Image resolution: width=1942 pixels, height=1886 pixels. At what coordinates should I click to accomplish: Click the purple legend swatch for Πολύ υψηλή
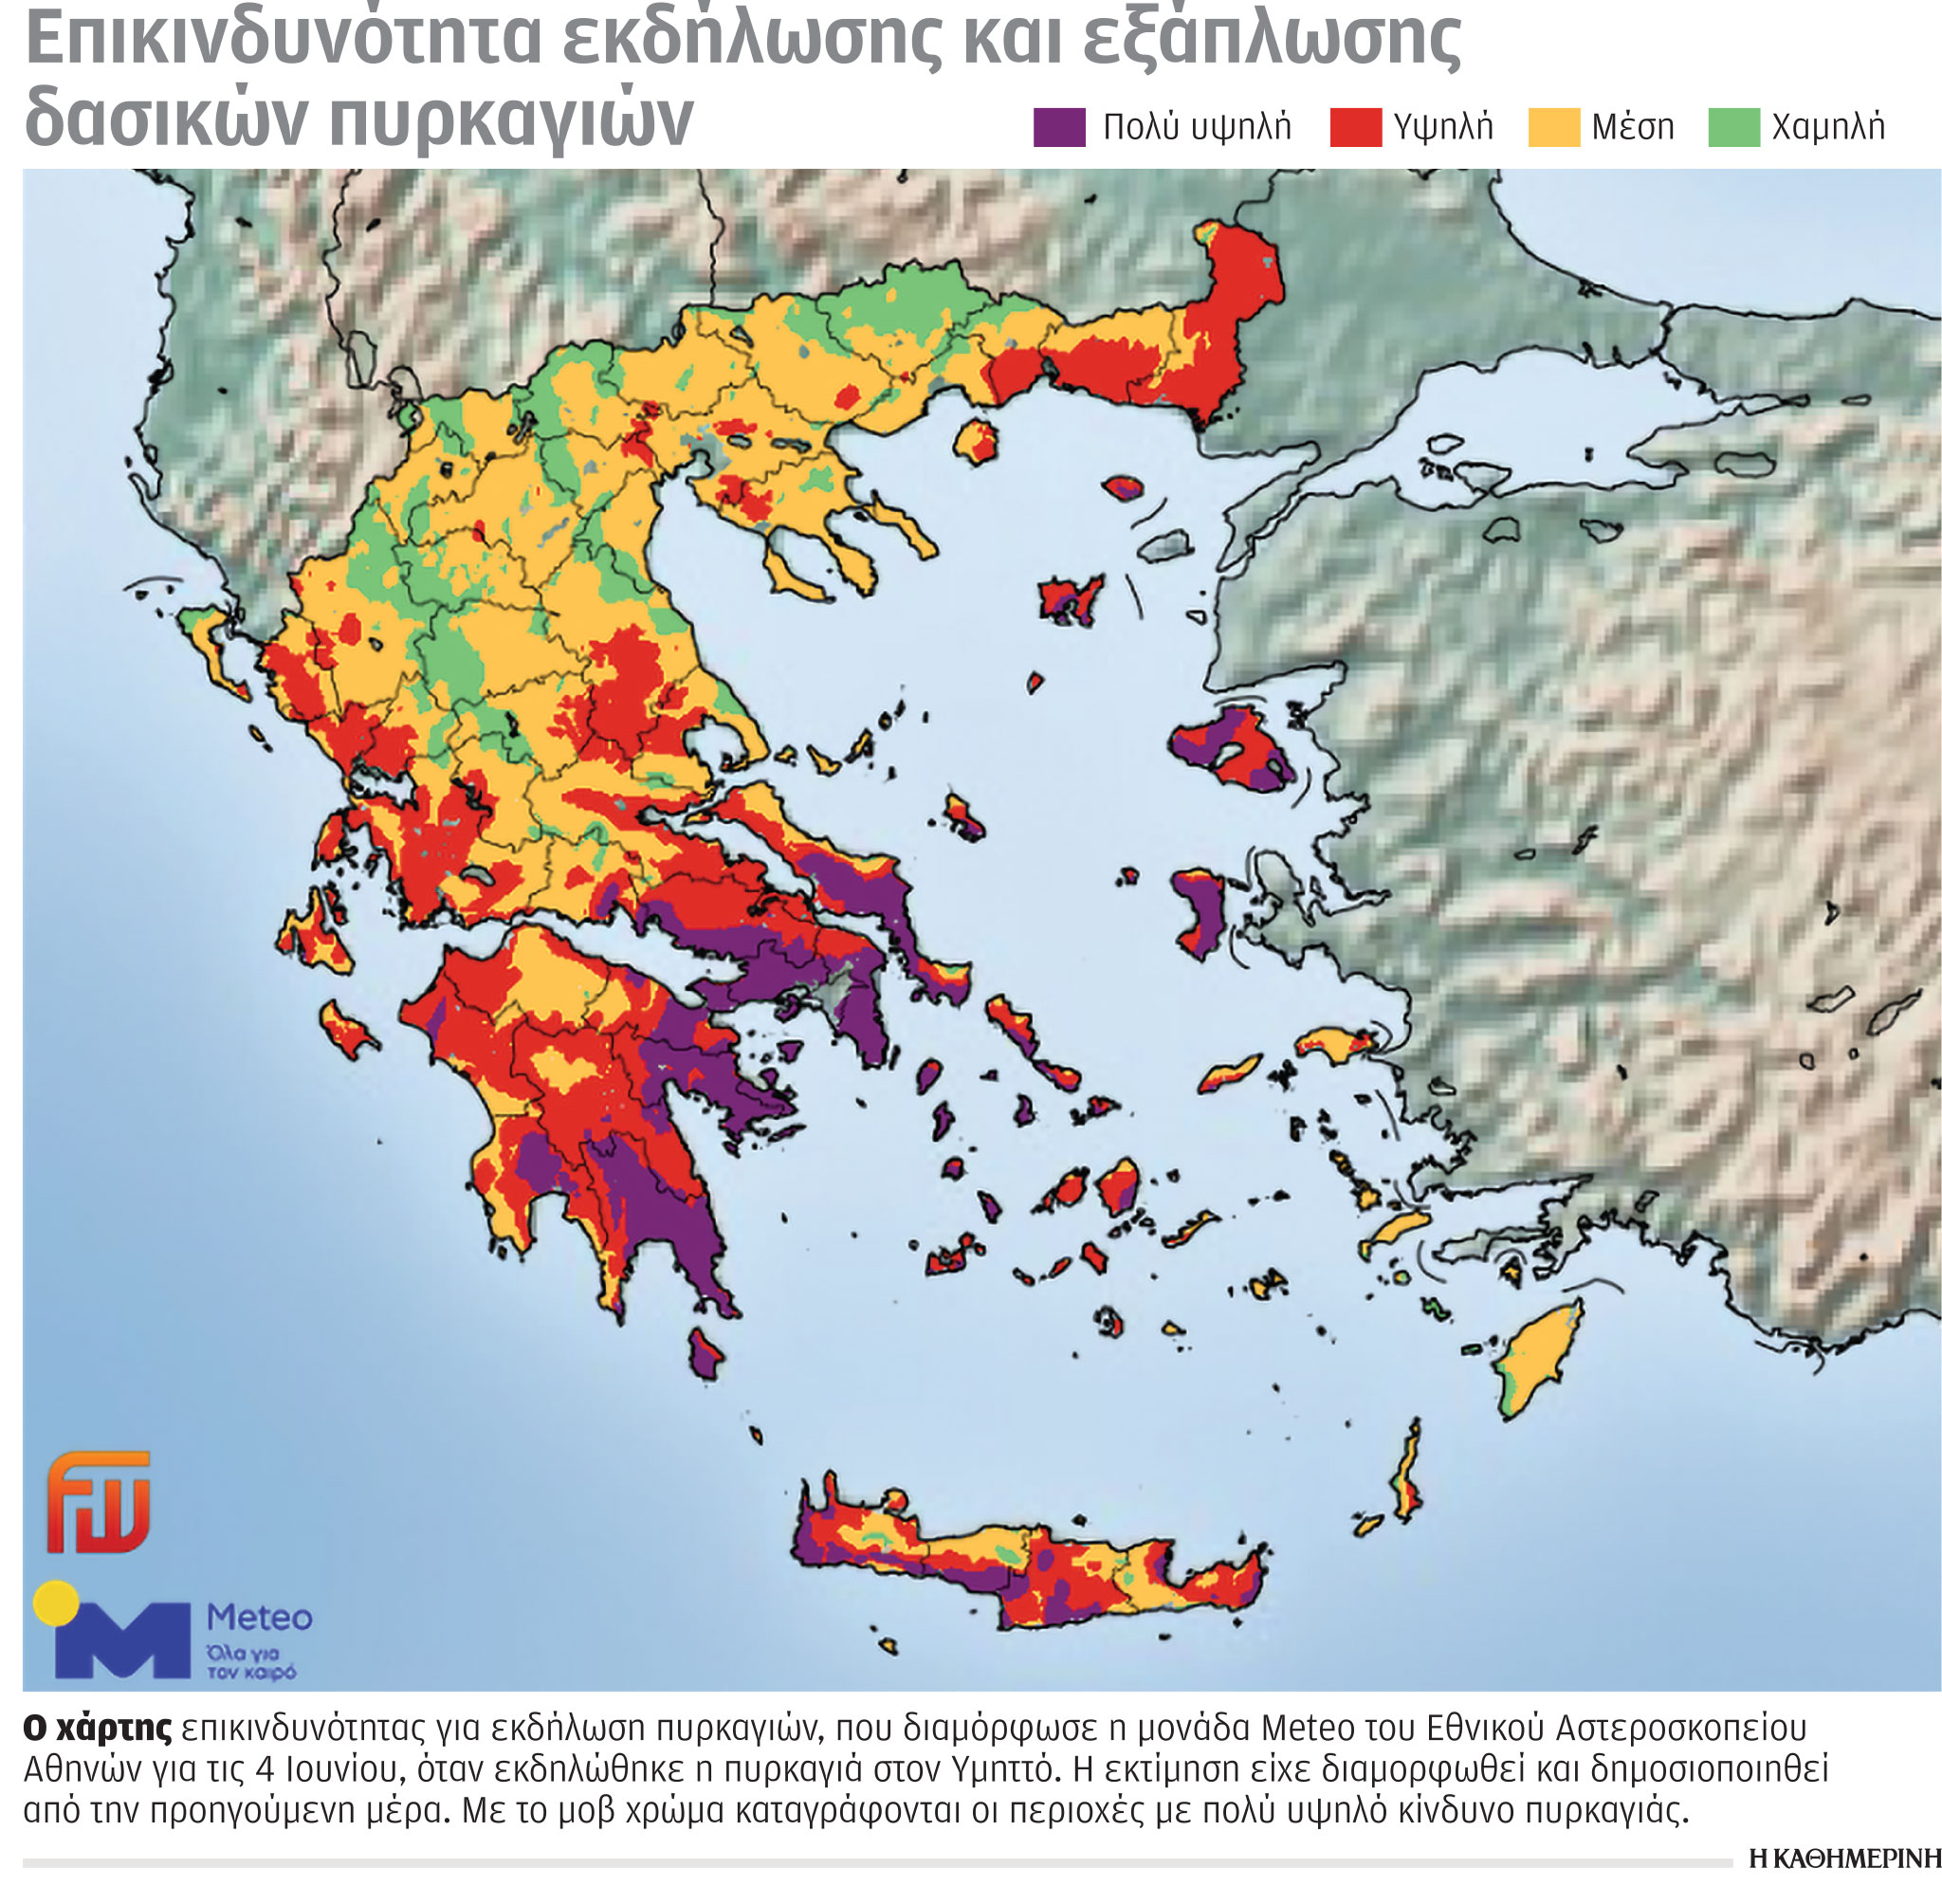[1059, 128]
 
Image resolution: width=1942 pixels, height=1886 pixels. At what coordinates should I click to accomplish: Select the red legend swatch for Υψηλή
[1355, 128]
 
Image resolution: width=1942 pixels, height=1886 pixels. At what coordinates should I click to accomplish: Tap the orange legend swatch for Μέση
[1553, 128]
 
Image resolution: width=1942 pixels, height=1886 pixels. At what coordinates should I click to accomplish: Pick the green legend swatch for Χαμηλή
[1733, 128]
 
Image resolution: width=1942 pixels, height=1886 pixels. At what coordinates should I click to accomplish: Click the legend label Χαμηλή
[1827, 128]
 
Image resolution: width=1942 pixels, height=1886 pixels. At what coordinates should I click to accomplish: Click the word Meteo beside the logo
[259, 1618]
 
